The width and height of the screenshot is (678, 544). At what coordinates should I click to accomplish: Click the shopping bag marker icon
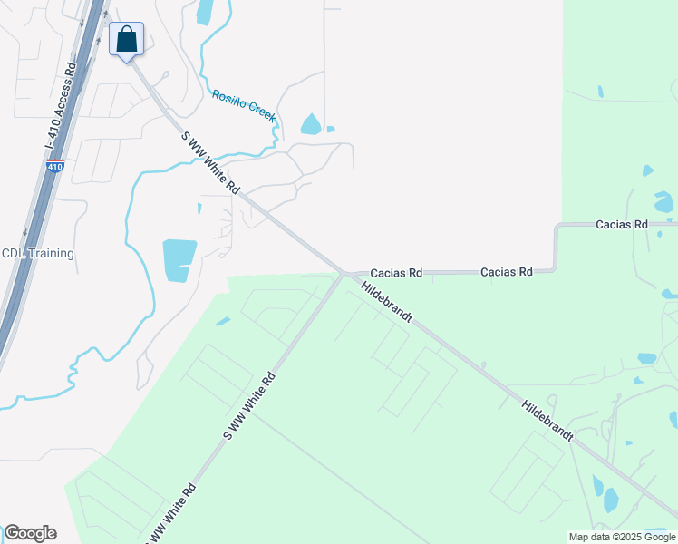(127, 39)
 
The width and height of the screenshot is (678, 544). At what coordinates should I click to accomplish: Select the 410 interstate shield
(54, 167)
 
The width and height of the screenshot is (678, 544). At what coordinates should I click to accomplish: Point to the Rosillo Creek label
(243, 105)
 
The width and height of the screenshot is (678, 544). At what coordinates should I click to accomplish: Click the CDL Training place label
(37, 254)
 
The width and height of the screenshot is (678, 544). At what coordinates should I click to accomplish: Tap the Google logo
(30, 533)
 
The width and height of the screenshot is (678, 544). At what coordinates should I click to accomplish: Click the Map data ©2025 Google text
(622, 537)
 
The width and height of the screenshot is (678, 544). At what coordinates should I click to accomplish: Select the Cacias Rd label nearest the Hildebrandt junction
(396, 272)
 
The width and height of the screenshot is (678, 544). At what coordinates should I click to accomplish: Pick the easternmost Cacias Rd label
(622, 224)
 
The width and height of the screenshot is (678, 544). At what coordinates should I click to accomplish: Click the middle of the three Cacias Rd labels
(506, 272)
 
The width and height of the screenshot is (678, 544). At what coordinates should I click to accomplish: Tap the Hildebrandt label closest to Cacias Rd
(387, 302)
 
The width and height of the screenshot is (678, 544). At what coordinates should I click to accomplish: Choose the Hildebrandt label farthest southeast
(547, 417)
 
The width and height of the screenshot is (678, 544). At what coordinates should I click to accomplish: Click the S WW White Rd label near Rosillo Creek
(210, 163)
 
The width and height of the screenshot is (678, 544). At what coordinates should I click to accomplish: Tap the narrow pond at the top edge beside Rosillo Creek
(204, 12)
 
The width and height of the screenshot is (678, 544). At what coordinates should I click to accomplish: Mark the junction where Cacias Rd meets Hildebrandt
(344, 272)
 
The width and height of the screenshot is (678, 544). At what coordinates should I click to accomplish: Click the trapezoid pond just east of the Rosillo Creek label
(311, 124)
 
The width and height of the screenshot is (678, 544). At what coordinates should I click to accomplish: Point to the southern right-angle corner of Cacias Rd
(554, 269)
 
